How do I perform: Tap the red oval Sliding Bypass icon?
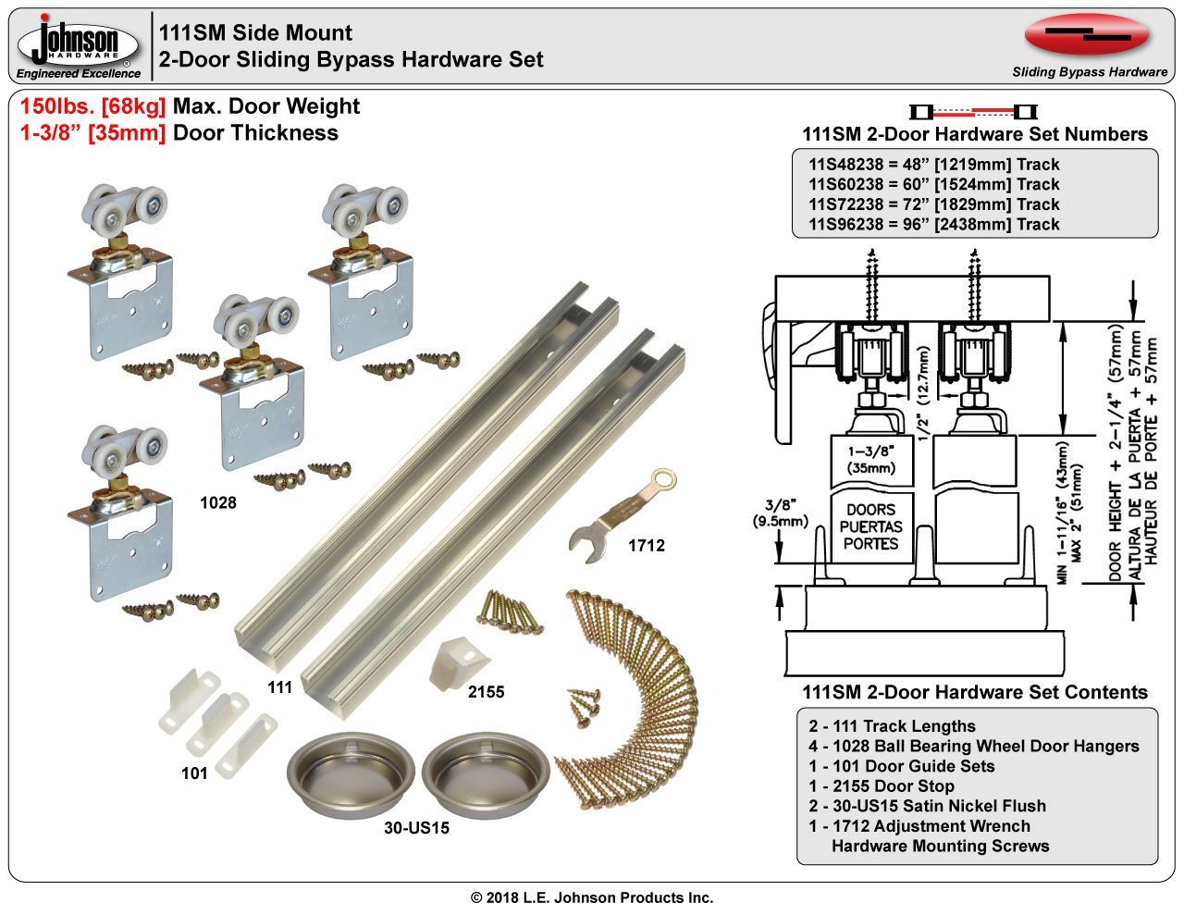pos(1088,34)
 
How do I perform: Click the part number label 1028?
pos(218,503)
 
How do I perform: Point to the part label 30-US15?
pos(416,828)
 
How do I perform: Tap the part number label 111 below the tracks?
pos(279,687)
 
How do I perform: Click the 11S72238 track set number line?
pos(934,204)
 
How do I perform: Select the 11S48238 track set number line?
pos(934,165)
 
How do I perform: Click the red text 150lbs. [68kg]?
pos(92,106)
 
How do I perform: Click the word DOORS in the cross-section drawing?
pos(870,510)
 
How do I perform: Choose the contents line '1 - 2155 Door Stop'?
pos(881,786)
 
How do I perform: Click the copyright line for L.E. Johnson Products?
pos(592,897)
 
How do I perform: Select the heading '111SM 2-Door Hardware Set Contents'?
pos(974,692)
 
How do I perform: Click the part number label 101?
pos(194,773)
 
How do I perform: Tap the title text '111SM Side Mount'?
pos(255,33)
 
